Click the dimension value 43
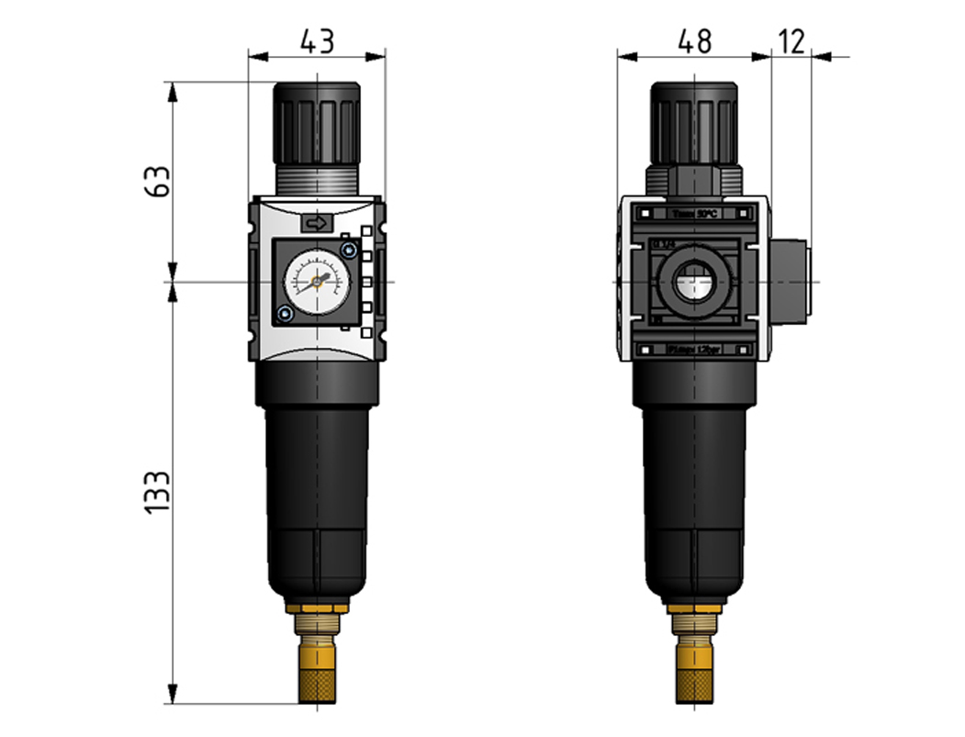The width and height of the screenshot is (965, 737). [317, 41]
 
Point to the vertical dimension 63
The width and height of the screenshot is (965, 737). [158, 181]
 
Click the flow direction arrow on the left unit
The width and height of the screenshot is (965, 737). [316, 222]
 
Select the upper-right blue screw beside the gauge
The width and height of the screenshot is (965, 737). [347, 250]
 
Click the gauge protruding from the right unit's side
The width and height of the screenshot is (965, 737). [790, 282]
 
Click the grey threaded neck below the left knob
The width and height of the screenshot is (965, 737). [317, 180]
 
